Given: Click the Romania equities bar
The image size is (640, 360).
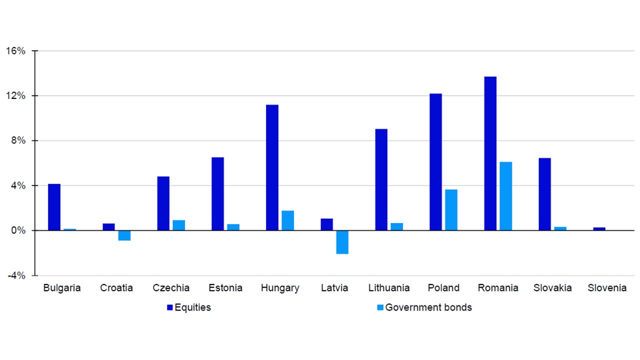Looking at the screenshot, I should (490, 153).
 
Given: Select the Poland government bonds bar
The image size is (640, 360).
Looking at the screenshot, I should (451, 210).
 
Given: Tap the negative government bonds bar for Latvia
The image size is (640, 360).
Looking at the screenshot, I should (342, 242).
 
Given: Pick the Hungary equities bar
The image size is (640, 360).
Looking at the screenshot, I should (272, 167).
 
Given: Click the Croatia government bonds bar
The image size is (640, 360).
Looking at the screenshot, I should (124, 235).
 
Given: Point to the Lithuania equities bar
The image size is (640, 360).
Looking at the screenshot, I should (381, 179).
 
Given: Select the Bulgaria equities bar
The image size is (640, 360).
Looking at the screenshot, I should (54, 207).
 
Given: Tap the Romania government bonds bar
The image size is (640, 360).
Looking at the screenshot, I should (505, 196).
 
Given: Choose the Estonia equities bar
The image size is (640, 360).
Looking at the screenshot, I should (217, 194).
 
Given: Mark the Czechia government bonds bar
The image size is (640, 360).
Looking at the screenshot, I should (178, 225).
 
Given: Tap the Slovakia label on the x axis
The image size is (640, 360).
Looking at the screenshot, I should (552, 288).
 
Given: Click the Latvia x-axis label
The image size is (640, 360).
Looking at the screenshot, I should (334, 288).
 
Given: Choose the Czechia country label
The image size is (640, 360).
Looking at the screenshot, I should (171, 288).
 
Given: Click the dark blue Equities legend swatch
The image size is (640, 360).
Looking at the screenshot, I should (169, 307).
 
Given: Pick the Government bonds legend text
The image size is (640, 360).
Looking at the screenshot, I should (428, 307).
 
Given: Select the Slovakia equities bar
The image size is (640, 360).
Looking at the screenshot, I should (544, 194).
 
